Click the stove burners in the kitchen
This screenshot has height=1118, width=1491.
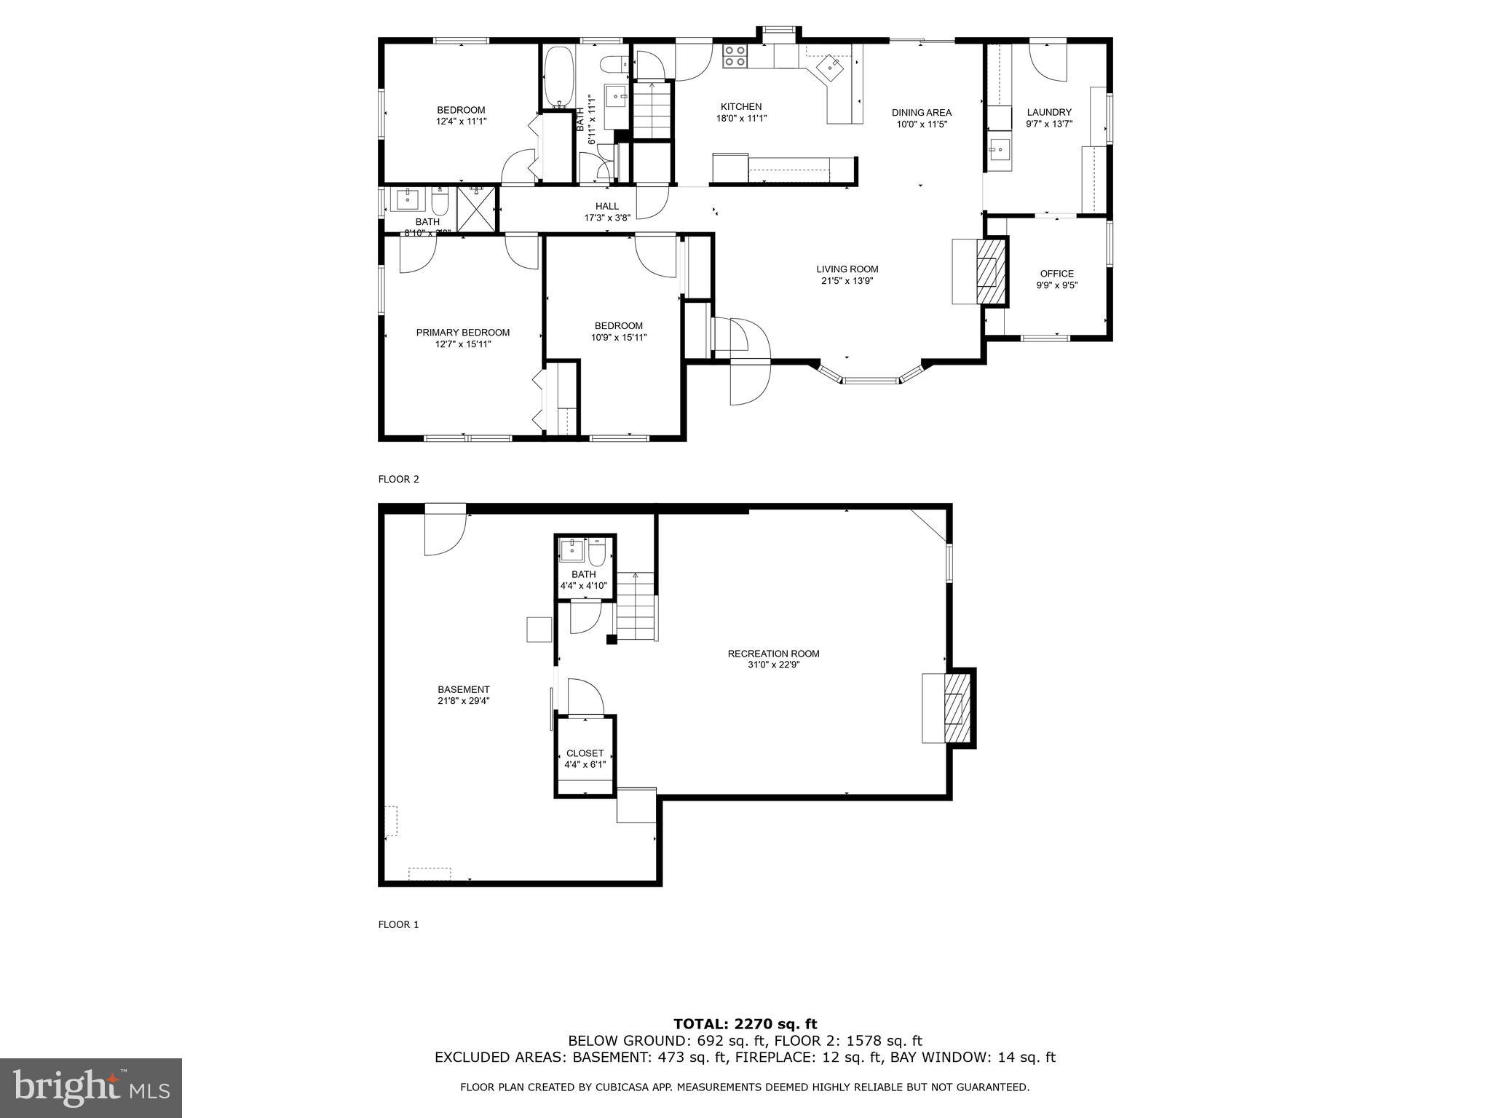735,56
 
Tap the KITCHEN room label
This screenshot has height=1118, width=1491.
741,106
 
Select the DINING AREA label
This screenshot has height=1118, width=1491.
922,112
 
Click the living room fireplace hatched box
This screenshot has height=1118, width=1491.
989,271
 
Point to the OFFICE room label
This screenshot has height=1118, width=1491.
1056,274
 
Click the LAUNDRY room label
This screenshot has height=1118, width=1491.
1049,112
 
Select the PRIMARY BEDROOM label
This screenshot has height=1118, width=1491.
462,332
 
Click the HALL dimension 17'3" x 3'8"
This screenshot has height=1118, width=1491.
606,218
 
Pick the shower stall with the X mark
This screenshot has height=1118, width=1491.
475,210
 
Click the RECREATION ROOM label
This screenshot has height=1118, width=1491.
773,653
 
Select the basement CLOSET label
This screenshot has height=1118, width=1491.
585,753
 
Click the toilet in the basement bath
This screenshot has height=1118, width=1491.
597,553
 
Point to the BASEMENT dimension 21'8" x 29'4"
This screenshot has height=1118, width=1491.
463,701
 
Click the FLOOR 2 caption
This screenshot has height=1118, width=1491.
398,479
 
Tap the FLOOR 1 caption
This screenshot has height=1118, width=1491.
398,924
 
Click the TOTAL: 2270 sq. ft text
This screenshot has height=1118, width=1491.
745,1024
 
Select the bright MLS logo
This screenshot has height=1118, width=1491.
91,1087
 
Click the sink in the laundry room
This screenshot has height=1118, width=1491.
998,152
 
